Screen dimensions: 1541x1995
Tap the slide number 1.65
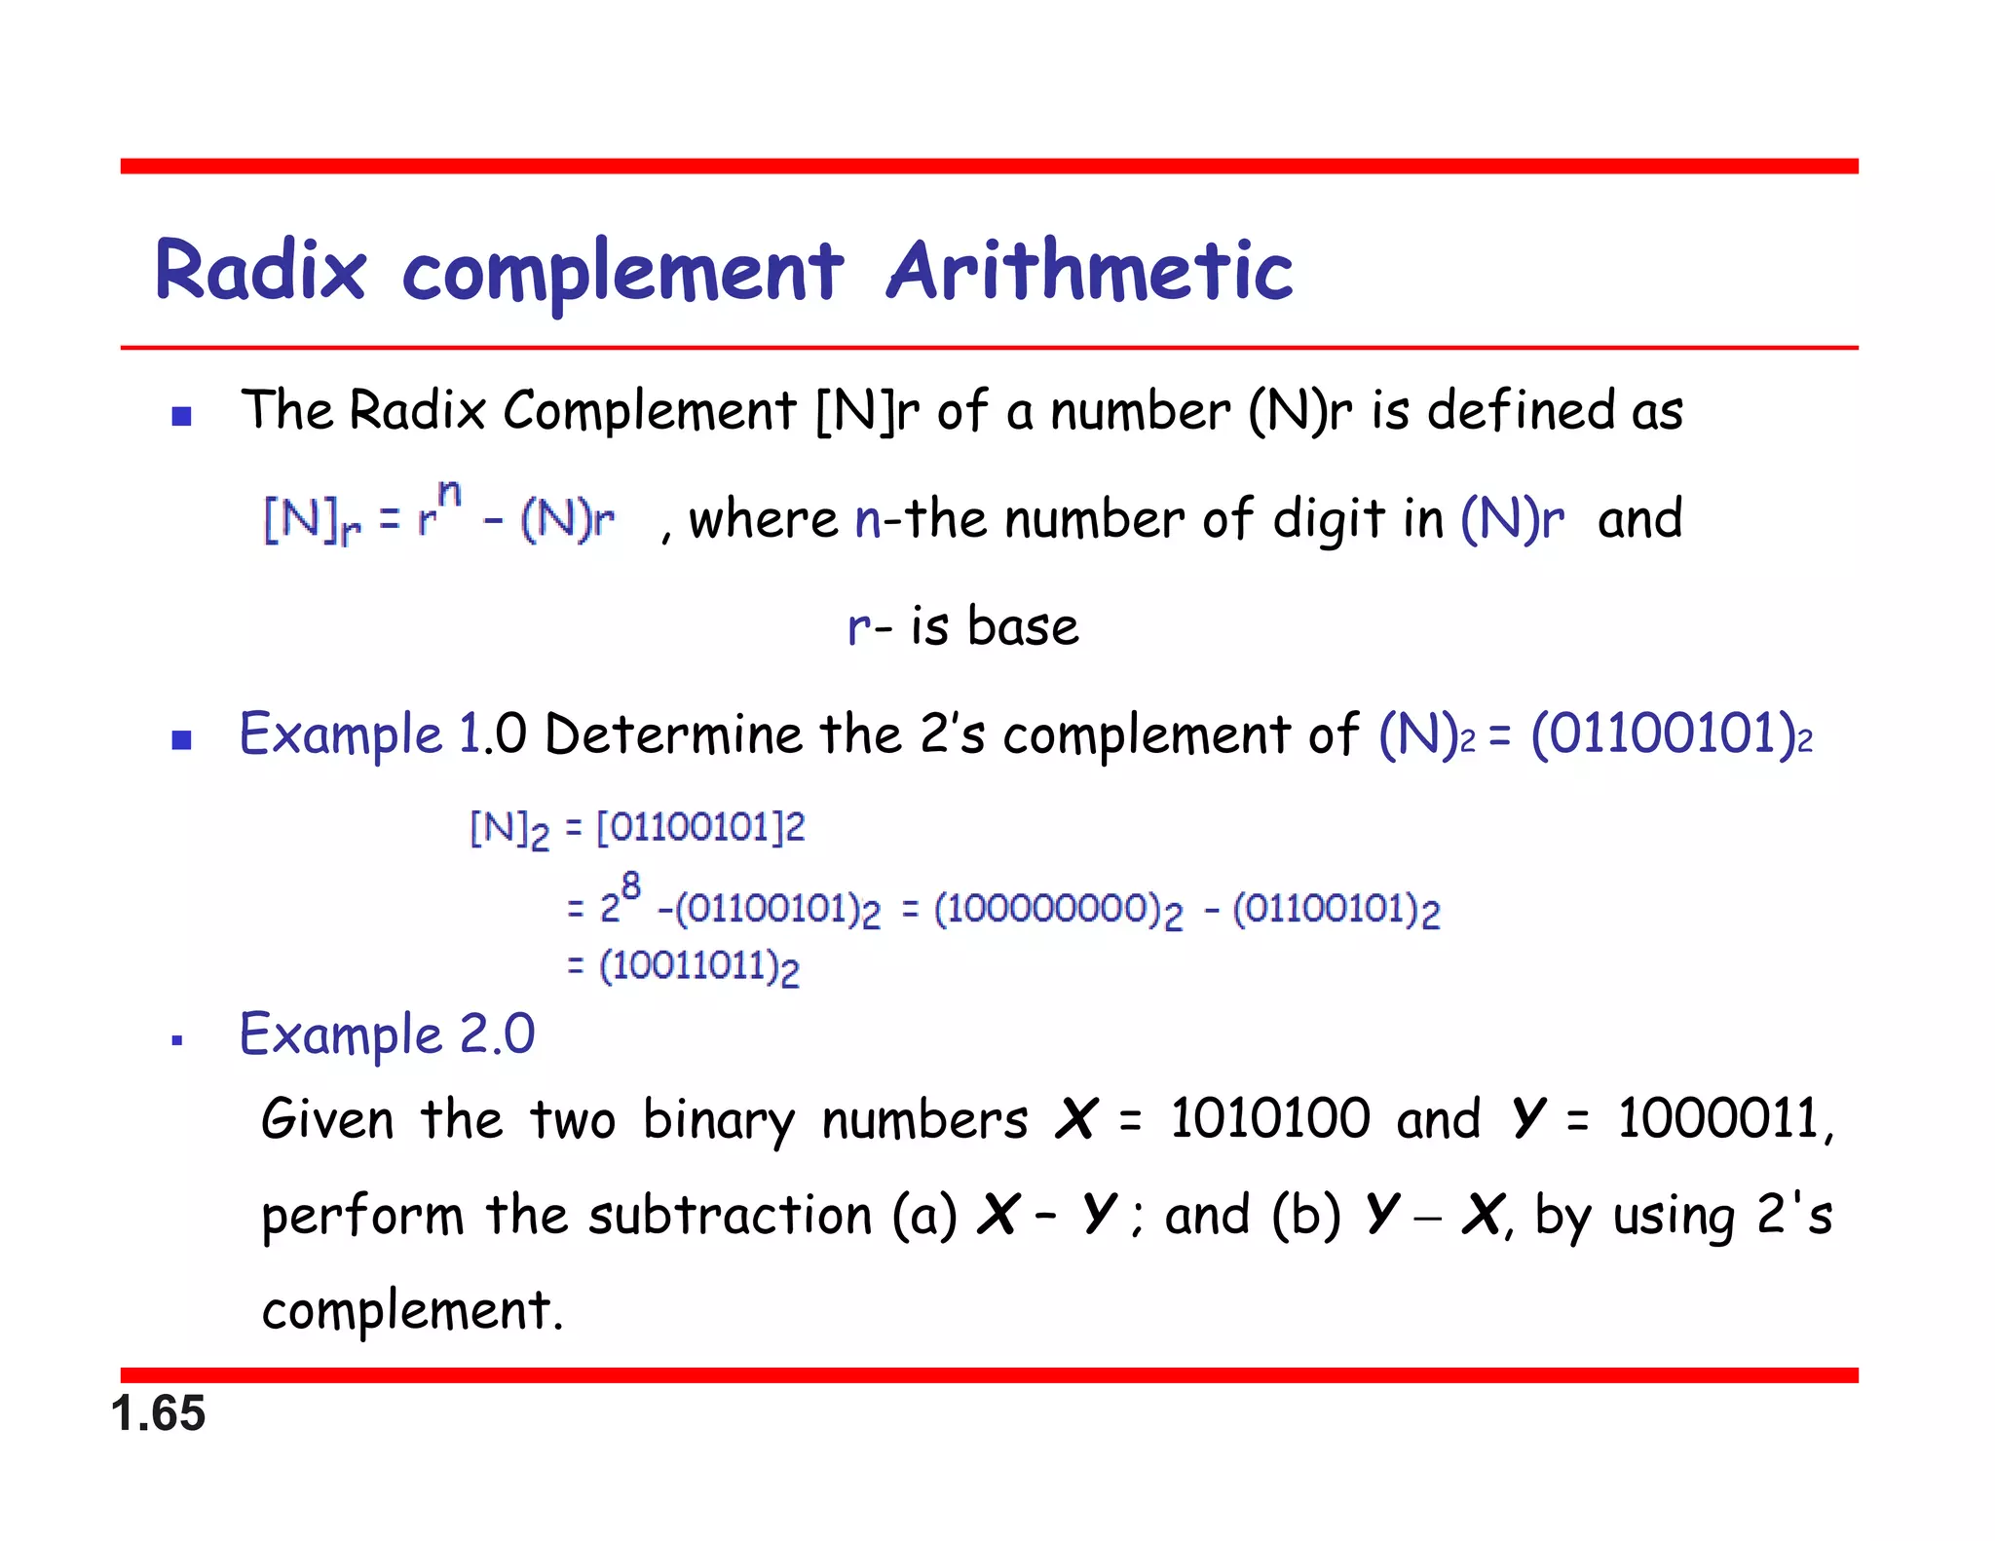point(158,1413)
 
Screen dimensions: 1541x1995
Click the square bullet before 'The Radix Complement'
point(181,417)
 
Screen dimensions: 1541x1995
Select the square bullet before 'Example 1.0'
point(181,740)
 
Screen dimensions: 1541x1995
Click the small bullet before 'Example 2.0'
point(177,1041)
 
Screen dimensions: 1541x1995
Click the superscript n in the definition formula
point(449,494)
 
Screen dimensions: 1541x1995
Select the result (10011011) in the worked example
point(698,967)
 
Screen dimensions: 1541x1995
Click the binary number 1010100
point(1269,1118)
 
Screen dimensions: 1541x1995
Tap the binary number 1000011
point(1718,1118)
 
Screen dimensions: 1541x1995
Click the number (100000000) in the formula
point(1058,910)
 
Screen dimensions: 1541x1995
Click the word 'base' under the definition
point(1023,626)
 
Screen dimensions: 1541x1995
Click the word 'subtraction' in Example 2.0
point(730,1216)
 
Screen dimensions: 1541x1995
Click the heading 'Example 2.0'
point(388,1034)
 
